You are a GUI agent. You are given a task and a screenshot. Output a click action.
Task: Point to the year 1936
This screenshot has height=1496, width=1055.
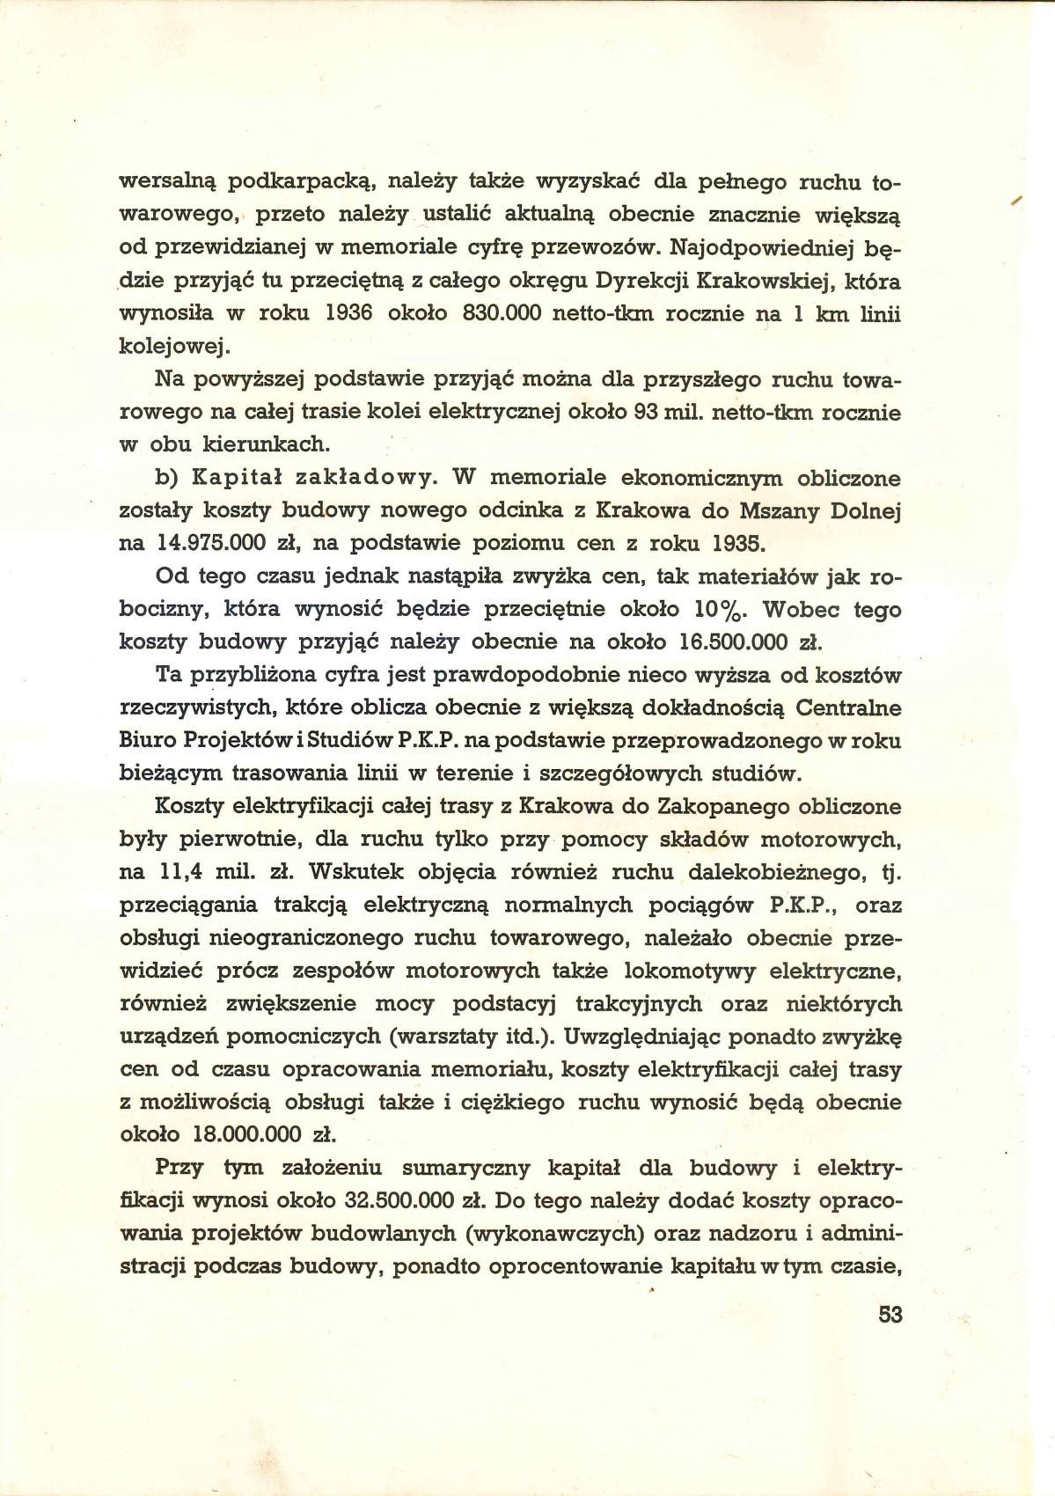pos(349,314)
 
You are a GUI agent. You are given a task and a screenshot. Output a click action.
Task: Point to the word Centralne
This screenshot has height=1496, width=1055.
pos(848,708)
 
